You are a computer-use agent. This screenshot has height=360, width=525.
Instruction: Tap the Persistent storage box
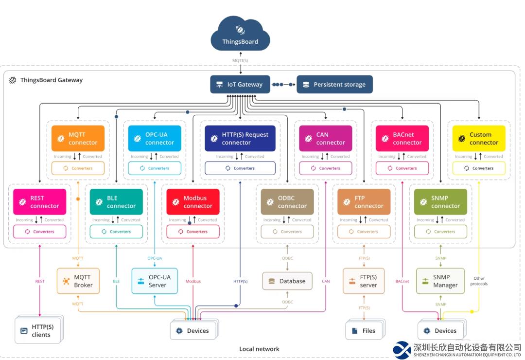[x=334, y=84]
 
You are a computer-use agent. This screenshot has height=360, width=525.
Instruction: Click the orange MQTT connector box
[x=78, y=139]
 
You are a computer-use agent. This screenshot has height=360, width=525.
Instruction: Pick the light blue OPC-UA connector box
[x=155, y=139]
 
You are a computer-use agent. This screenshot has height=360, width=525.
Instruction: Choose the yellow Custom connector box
[x=479, y=139]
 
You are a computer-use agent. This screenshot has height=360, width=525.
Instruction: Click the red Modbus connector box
[x=193, y=202]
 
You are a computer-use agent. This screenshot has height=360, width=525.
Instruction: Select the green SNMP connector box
[x=440, y=202]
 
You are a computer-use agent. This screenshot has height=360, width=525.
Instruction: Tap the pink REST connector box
[x=40, y=202]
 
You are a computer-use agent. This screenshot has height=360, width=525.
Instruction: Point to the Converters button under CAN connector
[x=325, y=168]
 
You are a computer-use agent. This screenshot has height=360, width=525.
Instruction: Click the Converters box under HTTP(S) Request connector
[x=240, y=168]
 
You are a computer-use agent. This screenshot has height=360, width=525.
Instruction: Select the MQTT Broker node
[x=78, y=281]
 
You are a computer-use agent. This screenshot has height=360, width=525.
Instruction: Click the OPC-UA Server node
[x=155, y=281]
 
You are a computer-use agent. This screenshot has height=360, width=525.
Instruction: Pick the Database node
[x=287, y=281]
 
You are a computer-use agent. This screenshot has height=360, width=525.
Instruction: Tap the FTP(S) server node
[x=364, y=281]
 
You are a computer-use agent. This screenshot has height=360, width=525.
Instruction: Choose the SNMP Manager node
[x=440, y=281]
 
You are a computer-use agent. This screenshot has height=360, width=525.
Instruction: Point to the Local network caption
[x=259, y=349]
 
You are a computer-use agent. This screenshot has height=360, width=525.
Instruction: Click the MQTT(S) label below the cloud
[x=240, y=60]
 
